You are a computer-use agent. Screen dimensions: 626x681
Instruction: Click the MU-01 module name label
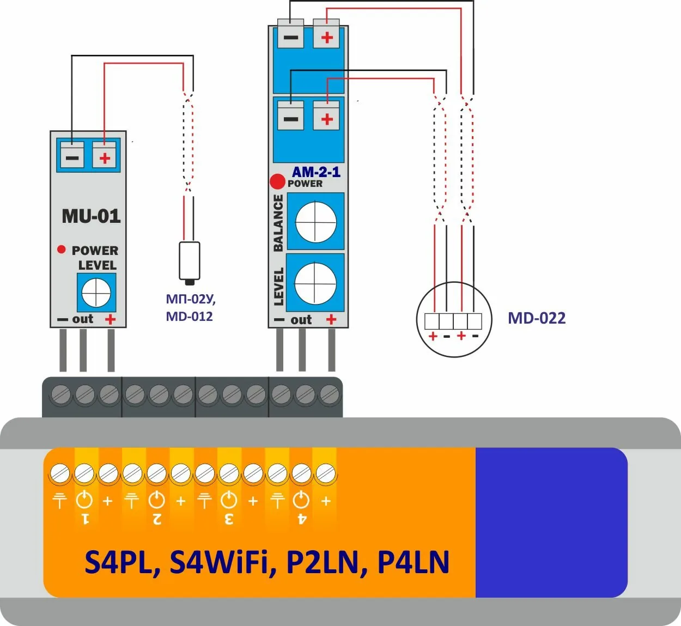point(91,216)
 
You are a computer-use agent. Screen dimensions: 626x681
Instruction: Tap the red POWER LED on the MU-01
point(62,250)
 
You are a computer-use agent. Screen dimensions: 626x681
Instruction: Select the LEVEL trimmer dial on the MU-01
point(96,293)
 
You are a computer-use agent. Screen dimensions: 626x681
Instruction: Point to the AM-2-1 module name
point(316,172)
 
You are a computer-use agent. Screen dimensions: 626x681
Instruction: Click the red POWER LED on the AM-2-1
point(277,181)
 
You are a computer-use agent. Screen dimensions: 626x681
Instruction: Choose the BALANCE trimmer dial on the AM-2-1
point(315,222)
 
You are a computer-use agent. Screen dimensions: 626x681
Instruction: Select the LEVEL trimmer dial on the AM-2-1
point(315,283)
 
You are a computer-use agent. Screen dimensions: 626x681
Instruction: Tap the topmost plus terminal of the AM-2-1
point(326,37)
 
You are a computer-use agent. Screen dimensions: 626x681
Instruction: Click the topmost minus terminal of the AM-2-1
point(290,37)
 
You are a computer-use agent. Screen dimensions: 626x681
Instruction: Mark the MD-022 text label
point(537,318)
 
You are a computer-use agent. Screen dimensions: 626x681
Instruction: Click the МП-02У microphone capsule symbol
point(189,262)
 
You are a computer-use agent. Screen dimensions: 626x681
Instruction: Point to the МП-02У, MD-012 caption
point(190,308)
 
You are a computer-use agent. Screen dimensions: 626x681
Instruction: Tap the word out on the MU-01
point(83,319)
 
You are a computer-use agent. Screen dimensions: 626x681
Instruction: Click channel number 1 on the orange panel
point(85,518)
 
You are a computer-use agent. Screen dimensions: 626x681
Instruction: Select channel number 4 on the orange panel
point(301,518)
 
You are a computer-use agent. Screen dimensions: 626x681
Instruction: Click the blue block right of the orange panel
point(551,522)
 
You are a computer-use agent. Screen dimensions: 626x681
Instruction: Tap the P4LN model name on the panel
point(414,562)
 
